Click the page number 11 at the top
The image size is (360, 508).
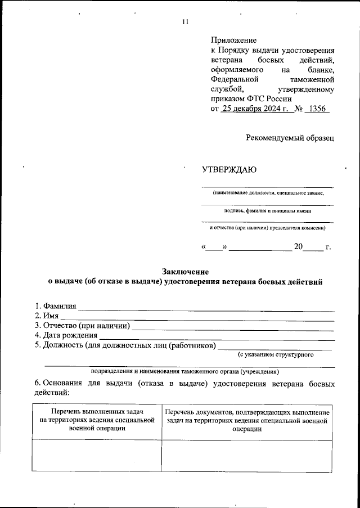click(x=185, y=22)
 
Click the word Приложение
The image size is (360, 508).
click(x=233, y=41)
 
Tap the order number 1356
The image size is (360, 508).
click(x=316, y=109)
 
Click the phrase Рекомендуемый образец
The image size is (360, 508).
click(x=290, y=137)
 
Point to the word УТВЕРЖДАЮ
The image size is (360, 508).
click(x=229, y=170)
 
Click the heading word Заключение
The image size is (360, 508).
click(x=185, y=272)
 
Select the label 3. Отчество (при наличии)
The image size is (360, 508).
click(x=82, y=326)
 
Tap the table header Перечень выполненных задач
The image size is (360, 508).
click(x=96, y=413)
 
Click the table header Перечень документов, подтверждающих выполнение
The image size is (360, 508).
click(x=247, y=413)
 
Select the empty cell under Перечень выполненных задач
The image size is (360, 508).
click(x=96, y=455)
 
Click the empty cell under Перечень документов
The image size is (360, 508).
click(x=247, y=455)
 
